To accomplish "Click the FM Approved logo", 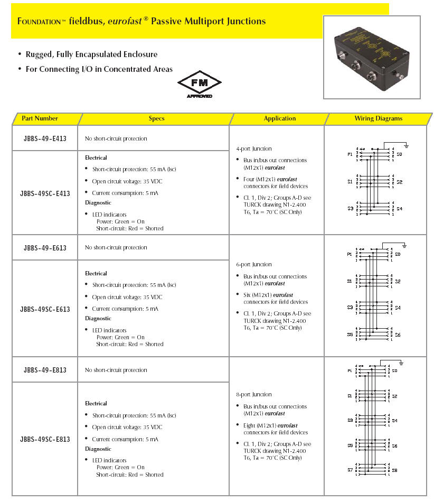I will (199, 86).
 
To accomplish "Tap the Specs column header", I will (156, 118).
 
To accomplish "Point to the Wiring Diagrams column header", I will (378, 118).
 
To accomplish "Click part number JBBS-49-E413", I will (45, 138).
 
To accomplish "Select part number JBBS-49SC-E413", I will (45, 193).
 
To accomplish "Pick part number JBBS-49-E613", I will (45, 248).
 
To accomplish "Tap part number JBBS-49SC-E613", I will (45, 309).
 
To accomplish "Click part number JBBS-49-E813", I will (45, 370).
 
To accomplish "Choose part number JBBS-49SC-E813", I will (45, 439).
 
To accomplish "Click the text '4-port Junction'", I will (254, 149).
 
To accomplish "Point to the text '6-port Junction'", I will (254, 264).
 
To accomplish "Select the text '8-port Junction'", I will (254, 394).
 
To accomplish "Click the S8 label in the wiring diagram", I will (394, 470).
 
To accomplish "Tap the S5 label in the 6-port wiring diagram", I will (350, 334).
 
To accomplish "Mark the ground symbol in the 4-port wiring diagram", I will (407, 145).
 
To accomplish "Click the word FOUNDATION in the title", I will (41, 22).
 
